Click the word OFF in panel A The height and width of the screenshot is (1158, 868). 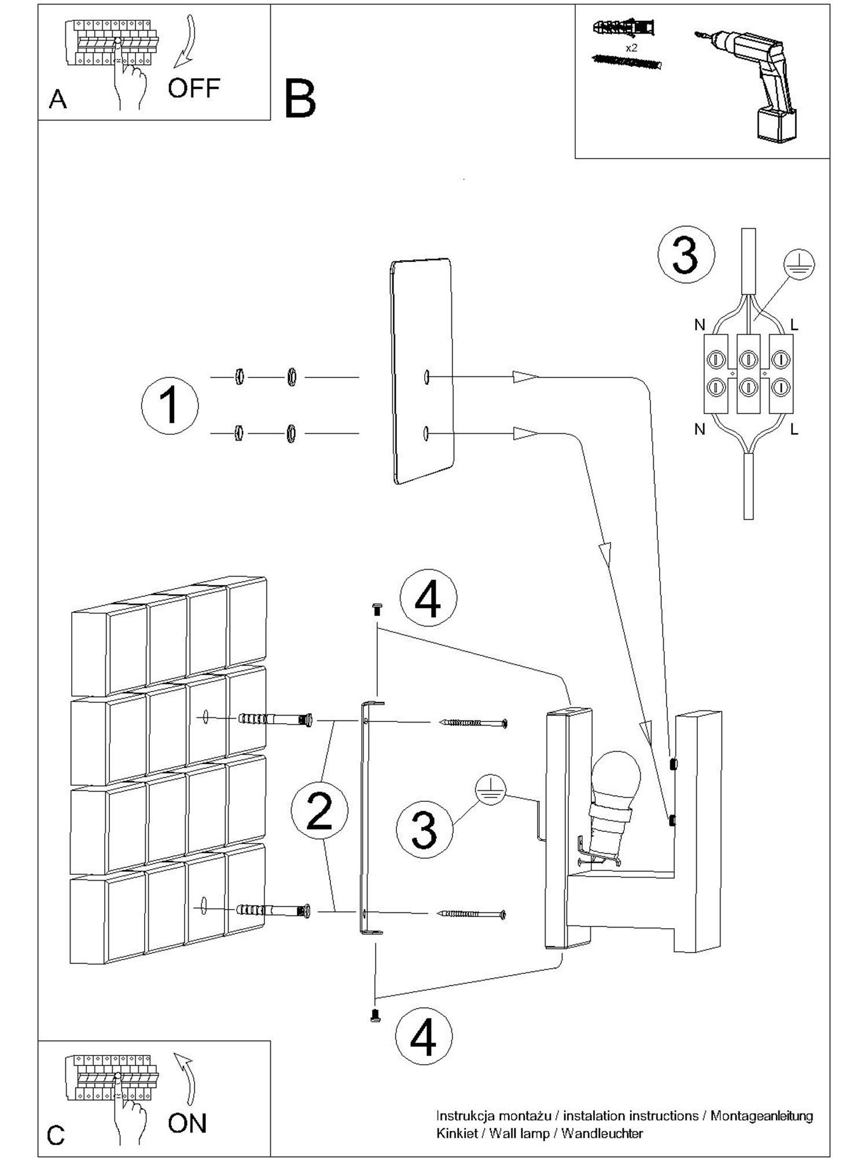(194, 88)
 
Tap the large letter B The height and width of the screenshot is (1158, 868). (300, 99)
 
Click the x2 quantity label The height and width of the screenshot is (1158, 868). (631, 48)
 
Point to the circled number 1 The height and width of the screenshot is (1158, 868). (170, 406)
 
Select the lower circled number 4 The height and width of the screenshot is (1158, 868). (424, 1035)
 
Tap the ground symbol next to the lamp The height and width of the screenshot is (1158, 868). (491, 791)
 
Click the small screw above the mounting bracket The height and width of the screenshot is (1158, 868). (377, 609)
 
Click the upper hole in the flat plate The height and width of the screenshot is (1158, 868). (426, 377)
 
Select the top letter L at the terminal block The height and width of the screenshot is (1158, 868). (794, 325)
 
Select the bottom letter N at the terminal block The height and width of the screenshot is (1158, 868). (700, 429)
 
